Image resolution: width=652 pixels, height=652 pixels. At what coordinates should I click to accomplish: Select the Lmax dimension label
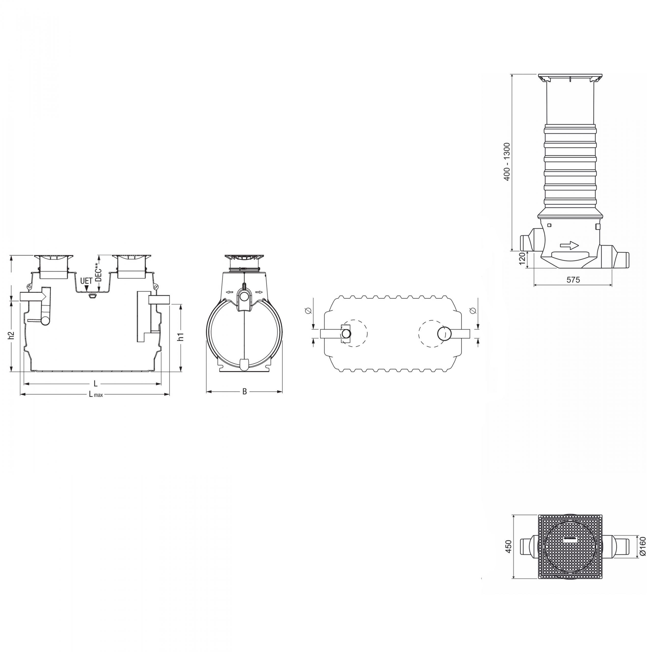96,394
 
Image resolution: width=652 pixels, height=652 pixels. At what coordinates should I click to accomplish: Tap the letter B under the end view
245,391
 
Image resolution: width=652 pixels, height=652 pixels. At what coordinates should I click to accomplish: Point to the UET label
86,281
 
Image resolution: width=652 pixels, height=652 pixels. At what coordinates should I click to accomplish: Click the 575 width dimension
573,280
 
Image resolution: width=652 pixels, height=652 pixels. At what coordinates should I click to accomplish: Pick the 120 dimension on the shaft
522,259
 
